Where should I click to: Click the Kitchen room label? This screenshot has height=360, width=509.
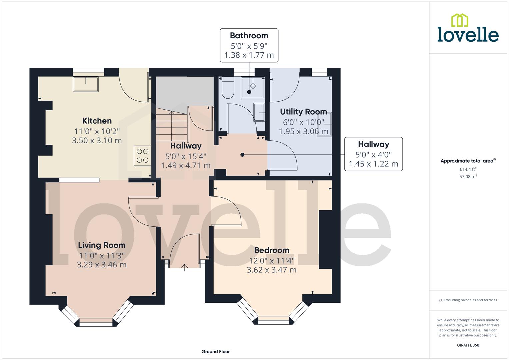pyautogui.click(x=97, y=121)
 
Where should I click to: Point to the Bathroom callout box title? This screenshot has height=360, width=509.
pyautogui.click(x=249, y=36)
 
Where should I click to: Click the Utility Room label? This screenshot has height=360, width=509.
pyautogui.click(x=303, y=112)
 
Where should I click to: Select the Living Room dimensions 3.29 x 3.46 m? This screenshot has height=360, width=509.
pyautogui.click(x=102, y=265)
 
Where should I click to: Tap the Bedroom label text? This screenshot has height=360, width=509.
pyautogui.click(x=272, y=250)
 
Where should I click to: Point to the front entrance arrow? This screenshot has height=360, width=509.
pyautogui.click(x=185, y=268)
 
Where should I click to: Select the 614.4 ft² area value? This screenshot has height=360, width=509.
pyautogui.click(x=468, y=169)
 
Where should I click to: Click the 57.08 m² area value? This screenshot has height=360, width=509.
pyautogui.click(x=468, y=177)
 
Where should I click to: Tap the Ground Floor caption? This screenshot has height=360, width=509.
pyautogui.click(x=216, y=351)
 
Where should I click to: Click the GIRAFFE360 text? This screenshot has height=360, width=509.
pyautogui.click(x=468, y=345)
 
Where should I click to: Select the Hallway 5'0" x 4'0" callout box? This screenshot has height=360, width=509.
pyautogui.click(x=373, y=154)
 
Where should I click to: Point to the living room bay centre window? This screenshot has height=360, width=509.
pyautogui.click(x=96, y=322)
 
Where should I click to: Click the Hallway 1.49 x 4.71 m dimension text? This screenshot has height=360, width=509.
pyautogui.click(x=186, y=165)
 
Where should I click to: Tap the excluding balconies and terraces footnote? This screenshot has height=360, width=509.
pyautogui.click(x=468, y=300)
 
